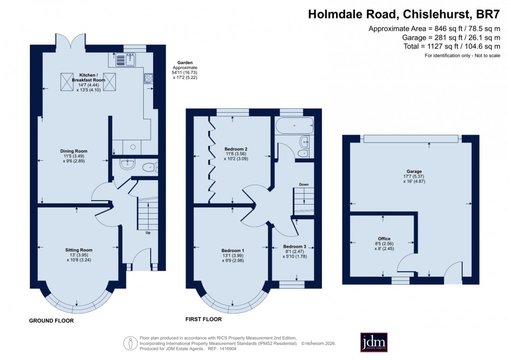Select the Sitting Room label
[78, 250]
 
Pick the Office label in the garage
[384, 239]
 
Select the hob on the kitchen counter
[148, 78]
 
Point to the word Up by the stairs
[148, 233]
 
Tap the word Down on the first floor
[304, 184]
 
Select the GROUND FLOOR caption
[51, 321]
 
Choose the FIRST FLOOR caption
[204, 319]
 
